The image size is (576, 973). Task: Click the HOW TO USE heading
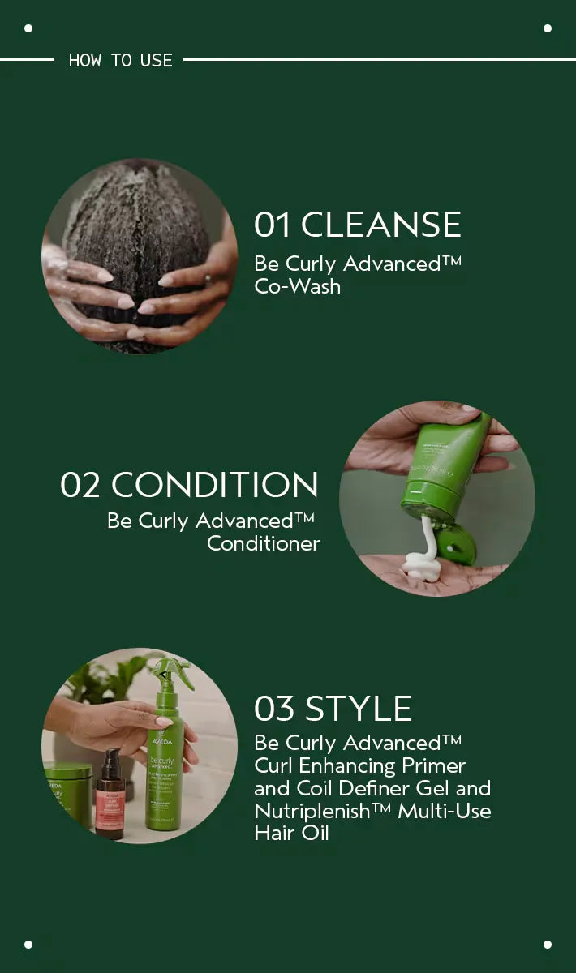coord(120,60)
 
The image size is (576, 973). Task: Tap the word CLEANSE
coord(380,225)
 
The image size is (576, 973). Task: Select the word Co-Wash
coord(298,286)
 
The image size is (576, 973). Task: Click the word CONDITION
coord(215,484)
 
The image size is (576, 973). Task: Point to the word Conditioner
coord(264,543)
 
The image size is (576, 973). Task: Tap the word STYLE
coord(359,709)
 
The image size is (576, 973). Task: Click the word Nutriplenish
coord(312,811)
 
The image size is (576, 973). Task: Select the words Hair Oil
coord(291,833)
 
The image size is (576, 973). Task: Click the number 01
coord(272,225)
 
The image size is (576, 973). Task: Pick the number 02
coord(80,485)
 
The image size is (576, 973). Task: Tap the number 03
coord(274,709)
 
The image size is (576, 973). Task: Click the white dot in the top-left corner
coord(28,28)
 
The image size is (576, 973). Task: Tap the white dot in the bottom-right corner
coord(548,945)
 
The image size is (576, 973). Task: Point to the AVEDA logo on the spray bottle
coord(161,741)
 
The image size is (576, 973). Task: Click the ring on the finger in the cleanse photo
coord(208,277)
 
